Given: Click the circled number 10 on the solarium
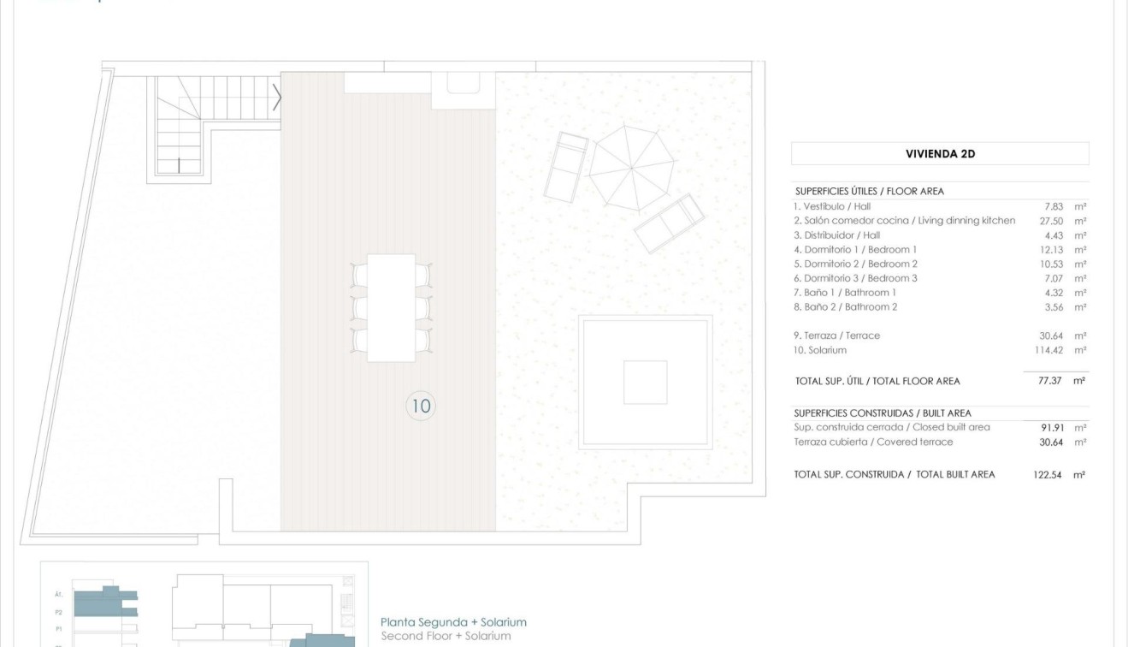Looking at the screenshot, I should point(421,407).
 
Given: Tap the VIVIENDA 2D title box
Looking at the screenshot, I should point(940,154).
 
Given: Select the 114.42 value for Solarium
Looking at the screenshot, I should point(1048,350).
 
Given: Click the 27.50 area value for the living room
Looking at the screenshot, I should point(1050,221).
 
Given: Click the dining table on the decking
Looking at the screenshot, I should point(392,307).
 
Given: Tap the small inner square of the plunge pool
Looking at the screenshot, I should point(645,383).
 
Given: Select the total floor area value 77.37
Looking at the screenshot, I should point(1049,381).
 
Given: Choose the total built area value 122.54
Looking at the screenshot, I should point(1048,474).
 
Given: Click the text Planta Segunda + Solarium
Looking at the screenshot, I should point(453,622).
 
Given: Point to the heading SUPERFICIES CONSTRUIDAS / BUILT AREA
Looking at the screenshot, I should point(883,413).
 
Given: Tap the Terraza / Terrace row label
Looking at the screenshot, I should point(836,335).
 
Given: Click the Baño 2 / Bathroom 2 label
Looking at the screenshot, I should point(845,307).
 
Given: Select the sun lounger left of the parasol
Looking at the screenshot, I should point(566,166).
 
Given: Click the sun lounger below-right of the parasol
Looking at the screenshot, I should point(670,223).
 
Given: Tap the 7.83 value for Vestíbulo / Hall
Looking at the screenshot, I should point(1053,206).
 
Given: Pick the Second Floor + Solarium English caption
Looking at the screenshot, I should point(446,636).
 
